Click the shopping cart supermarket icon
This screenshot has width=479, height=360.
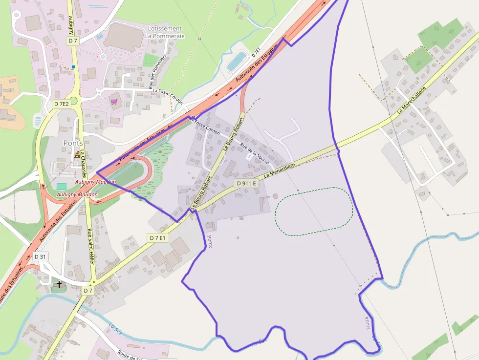(114, 102)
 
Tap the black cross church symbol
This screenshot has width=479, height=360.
(60, 283)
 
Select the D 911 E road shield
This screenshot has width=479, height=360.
(246, 183)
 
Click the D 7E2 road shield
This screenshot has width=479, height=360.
(61, 104)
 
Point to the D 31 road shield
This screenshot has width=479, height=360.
(40, 256)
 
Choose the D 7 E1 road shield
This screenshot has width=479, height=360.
(158, 238)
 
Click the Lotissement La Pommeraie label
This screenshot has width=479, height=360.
(164, 32)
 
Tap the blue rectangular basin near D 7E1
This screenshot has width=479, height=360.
(237, 61)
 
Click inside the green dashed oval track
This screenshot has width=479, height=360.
(313, 212)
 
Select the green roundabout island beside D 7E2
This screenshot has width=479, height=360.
(74, 101)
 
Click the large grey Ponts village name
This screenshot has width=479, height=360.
(73, 143)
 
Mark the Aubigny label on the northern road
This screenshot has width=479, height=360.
(71, 24)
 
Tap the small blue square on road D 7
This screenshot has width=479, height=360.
(73, 67)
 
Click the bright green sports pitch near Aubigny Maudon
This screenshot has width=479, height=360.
(61, 187)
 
